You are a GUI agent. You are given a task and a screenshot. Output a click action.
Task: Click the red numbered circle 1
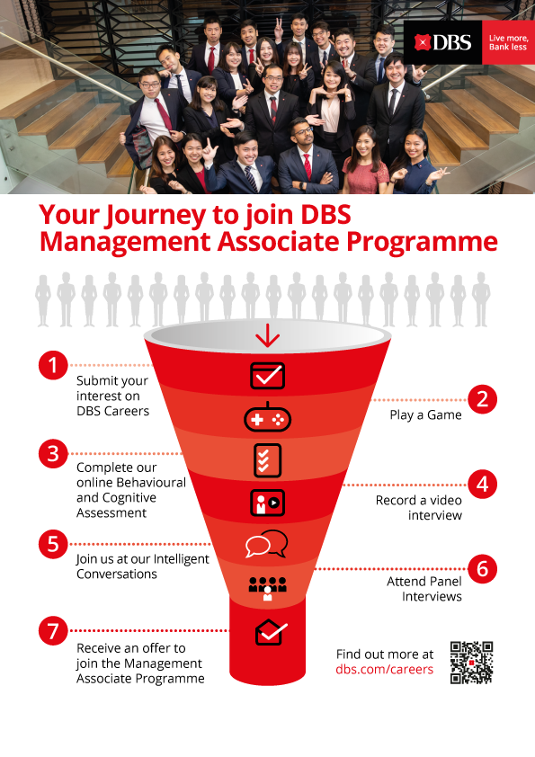[53, 365]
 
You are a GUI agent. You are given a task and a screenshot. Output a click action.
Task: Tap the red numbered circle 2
[482, 399]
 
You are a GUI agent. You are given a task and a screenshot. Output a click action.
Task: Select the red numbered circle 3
[53, 454]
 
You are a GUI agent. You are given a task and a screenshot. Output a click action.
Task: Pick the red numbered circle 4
[482, 485]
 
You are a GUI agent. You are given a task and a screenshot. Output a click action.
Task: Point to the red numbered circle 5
[53, 544]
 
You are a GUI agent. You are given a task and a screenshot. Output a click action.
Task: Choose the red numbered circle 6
[482, 569]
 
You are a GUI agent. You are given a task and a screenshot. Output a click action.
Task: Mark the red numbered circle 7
[53, 630]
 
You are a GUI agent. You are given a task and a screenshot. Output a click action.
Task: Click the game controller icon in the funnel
[268, 417]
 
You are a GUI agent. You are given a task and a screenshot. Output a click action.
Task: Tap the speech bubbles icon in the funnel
[266, 544]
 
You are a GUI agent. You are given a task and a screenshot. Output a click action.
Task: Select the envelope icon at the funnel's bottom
[271, 632]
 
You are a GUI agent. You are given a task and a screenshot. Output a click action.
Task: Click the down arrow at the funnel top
[268, 336]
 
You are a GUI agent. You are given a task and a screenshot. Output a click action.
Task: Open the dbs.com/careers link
[384, 670]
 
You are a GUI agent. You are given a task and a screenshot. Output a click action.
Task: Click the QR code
[471, 663]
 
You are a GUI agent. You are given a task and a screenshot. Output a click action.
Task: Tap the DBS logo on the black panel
[442, 42]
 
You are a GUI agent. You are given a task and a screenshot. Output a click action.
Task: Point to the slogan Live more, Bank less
[507, 42]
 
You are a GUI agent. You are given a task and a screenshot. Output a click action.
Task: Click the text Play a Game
[425, 415]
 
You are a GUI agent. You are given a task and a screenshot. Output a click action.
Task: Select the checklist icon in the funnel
[268, 460]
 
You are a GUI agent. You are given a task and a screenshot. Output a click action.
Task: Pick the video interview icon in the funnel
[268, 502]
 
